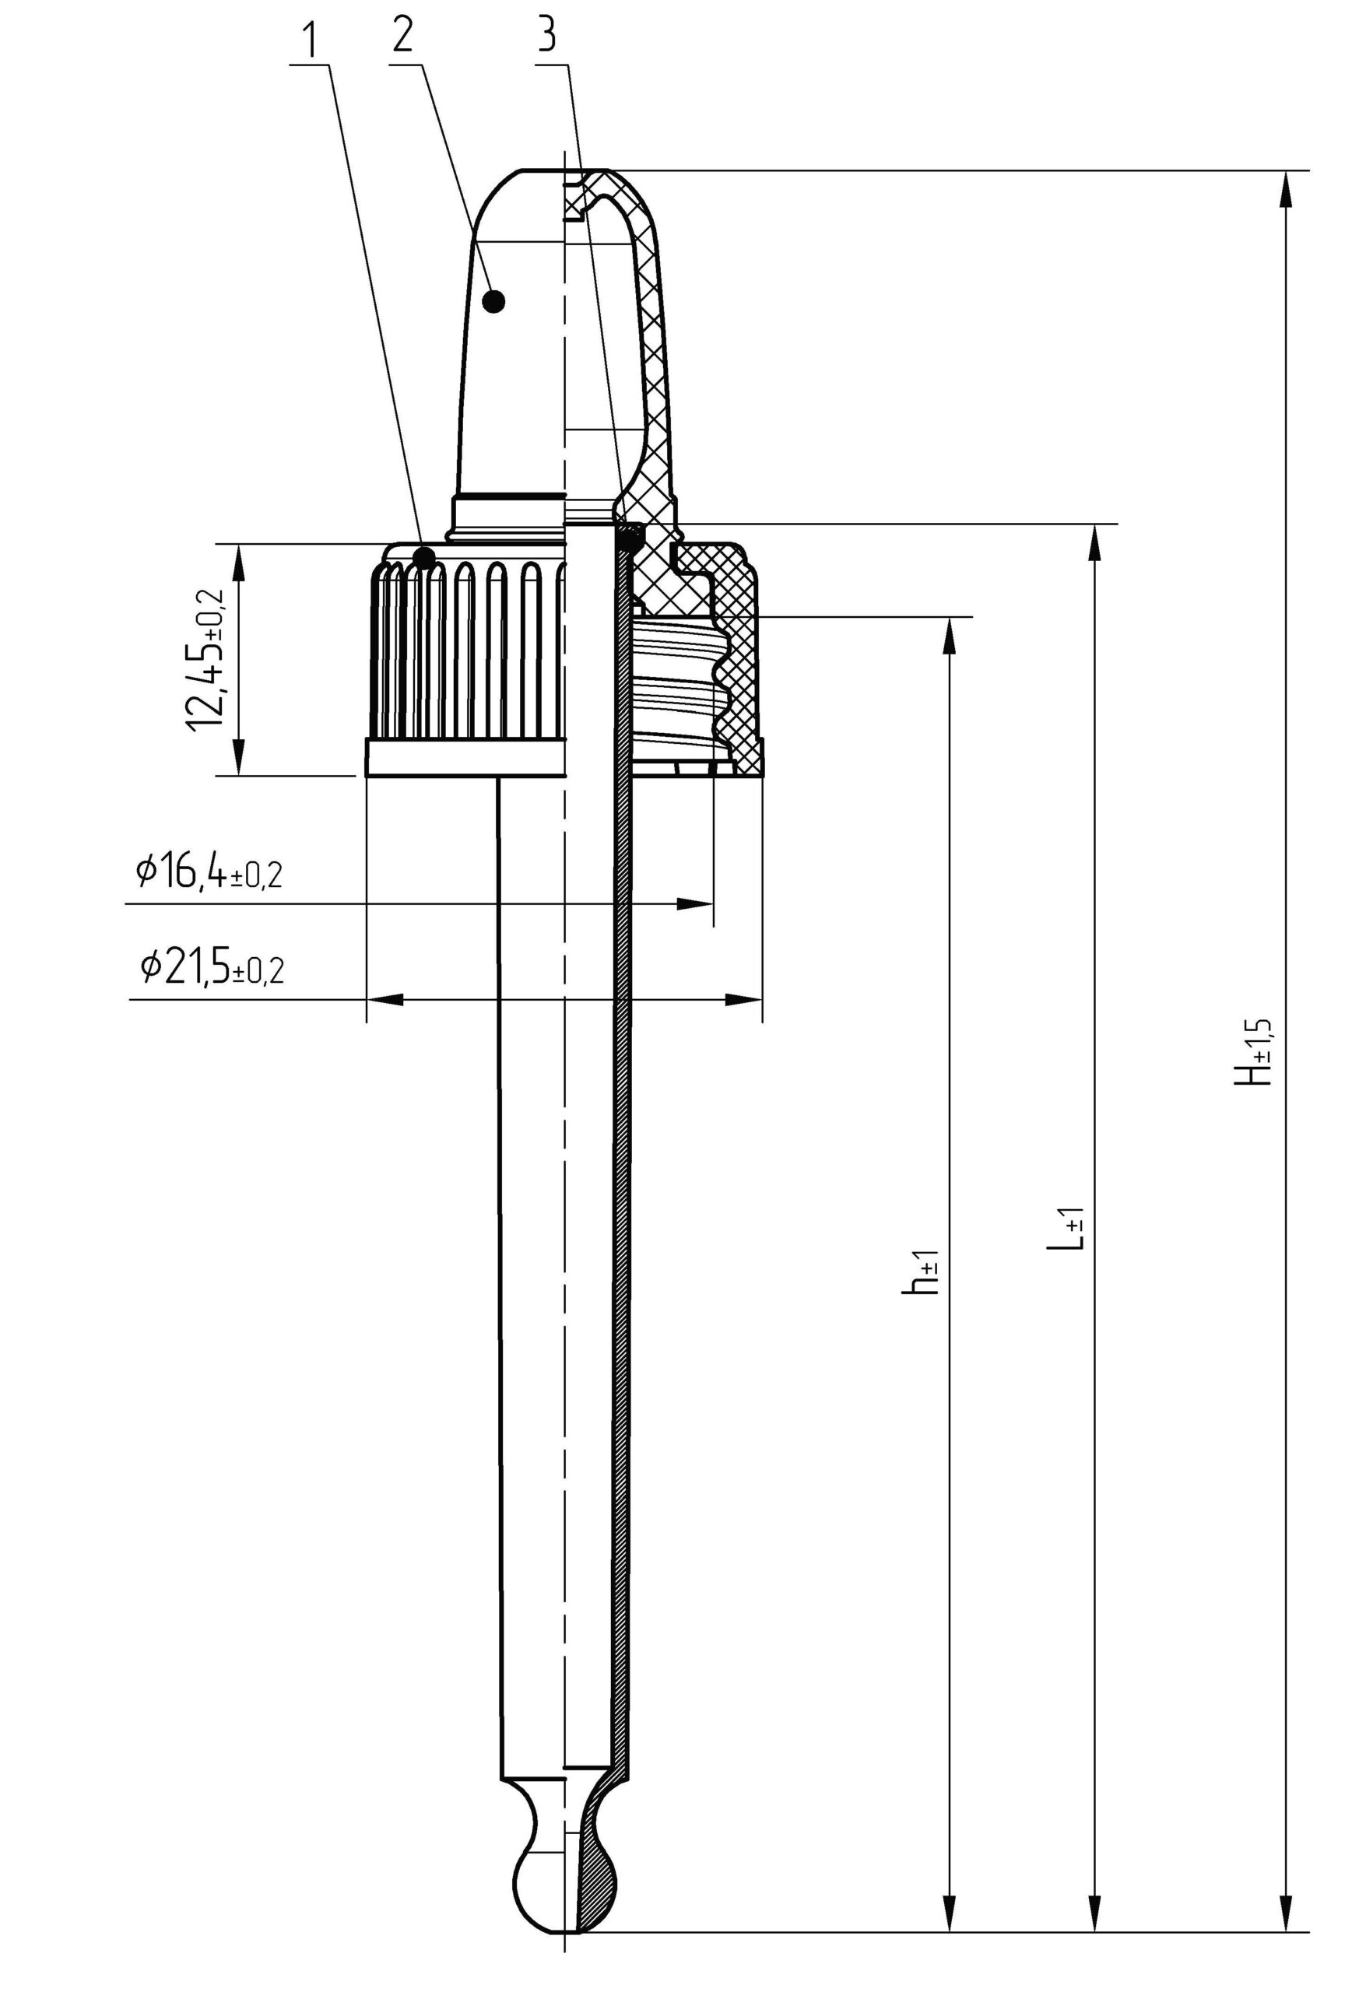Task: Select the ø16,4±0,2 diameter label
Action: coord(209,872)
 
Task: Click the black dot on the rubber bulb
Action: coord(493,302)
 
